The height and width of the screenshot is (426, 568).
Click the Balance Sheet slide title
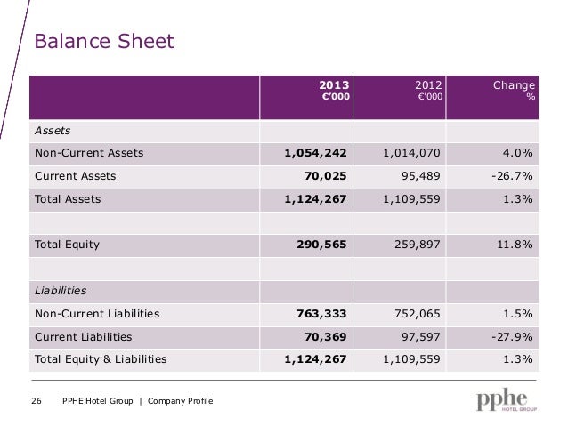pos(104,41)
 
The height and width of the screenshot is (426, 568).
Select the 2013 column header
pos(334,90)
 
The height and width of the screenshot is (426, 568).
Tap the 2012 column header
pos(428,90)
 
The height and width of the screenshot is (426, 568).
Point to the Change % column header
pos(514,90)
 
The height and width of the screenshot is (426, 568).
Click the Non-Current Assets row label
pos(89,153)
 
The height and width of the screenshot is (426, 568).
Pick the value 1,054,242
pos(315,153)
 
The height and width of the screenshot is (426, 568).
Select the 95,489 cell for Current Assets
pos(420,176)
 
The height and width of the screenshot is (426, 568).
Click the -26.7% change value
pos(512,176)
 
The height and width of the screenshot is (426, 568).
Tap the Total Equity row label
pos(67,245)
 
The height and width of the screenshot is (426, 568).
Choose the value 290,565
pos(321,245)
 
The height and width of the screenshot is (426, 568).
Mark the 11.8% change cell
pos(515,245)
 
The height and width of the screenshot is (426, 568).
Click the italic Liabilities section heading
pos(61,291)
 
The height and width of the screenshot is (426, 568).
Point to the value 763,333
pos(321,314)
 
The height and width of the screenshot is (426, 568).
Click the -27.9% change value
pos(512,337)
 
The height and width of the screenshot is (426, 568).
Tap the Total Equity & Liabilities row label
pos(101,359)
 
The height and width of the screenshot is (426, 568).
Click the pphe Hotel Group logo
pos(507,399)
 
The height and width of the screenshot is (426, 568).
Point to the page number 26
pos(37,401)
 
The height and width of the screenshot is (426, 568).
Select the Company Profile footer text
pos(181,401)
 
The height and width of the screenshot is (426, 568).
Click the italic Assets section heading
pos(53,131)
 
